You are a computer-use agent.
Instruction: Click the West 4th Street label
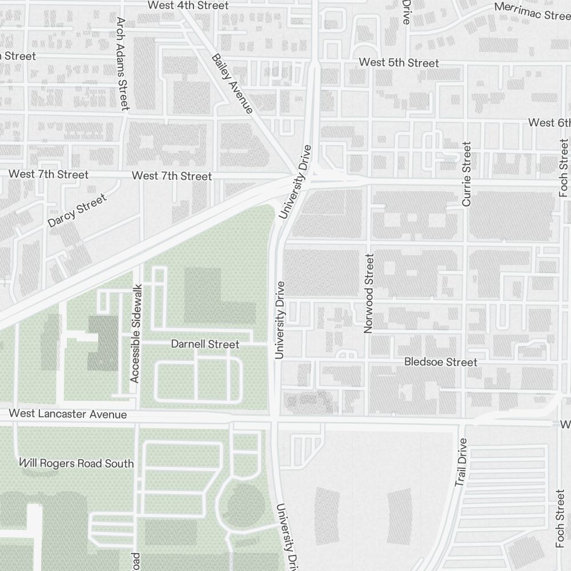click(188, 5)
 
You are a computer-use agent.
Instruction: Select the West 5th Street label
click(399, 63)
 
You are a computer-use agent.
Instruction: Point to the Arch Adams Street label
click(123, 63)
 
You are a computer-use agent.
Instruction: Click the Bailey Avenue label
click(232, 83)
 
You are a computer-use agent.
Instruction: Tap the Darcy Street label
click(77, 211)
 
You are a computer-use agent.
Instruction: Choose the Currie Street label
click(467, 174)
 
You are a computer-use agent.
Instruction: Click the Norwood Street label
click(368, 293)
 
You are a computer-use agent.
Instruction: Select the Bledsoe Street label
click(440, 362)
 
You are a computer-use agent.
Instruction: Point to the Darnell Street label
click(205, 344)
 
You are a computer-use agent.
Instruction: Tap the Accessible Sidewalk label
click(135, 333)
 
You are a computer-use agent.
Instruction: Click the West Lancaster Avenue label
click(68, 414)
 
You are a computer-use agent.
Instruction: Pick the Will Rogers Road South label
click(76, 463)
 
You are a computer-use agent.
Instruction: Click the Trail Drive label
click(461, 463)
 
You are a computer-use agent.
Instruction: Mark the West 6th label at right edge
click(549, 123)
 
